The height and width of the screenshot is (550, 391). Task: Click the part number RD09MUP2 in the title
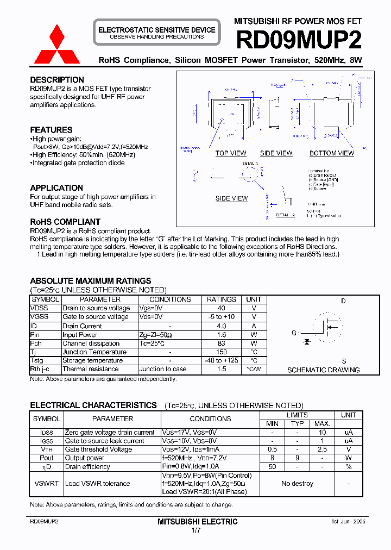298,40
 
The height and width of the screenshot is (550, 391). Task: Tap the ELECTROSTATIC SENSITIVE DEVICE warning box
156,33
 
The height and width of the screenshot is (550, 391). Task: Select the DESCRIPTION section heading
57,80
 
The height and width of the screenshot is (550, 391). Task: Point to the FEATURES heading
51,130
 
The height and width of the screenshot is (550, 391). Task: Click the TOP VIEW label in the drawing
231,153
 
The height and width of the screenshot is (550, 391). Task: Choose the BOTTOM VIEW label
331,153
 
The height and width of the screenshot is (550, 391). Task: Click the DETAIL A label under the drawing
285,215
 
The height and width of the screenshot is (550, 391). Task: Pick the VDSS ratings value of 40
221,308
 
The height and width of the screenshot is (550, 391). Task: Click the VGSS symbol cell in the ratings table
39,317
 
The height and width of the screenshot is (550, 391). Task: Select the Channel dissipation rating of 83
221,343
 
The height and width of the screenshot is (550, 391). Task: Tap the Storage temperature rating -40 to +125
221,361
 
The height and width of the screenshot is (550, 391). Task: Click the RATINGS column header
221,299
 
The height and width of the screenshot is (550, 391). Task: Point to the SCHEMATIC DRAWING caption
323,370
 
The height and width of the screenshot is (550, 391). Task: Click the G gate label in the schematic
294,333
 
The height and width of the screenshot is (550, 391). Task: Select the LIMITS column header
297,415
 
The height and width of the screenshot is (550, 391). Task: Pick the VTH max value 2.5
322,449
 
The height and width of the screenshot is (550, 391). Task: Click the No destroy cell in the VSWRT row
297,484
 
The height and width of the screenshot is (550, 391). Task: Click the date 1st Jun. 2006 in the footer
348,521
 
